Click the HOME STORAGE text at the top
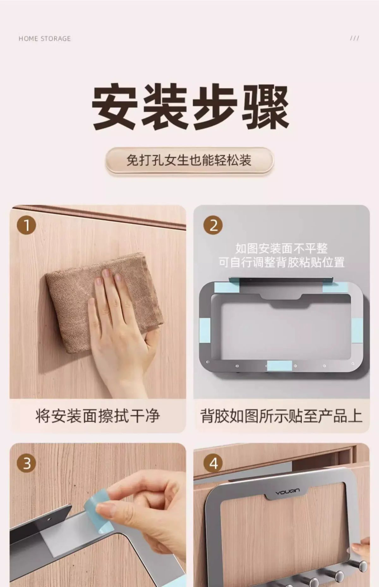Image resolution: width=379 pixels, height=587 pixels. click(x=45, y=39)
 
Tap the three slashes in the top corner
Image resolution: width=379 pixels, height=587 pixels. click(x=354, y=38)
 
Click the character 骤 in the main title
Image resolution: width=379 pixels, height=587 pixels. click(x=265, y=107)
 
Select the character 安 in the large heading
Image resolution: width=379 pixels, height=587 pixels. click(x=115, y=107)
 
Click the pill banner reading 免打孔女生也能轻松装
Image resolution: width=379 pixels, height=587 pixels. click(x=189, y=160)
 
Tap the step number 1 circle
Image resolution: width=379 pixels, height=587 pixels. click(x=27, y=225)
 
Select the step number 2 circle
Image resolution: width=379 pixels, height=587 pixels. click(x=214, y=225)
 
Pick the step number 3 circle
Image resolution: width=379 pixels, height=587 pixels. click(x=27, y=463)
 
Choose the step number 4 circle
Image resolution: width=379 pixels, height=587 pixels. click(x=214, y=463)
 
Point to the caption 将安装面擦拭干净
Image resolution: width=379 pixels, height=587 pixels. click(x=98, y=416)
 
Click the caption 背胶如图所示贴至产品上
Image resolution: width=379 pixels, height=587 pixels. click(x=281, y=416)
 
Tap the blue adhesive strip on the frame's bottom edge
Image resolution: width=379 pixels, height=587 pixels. click(x=279, y=366)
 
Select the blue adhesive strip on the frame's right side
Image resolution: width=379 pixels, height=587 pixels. click(x=357, y=330)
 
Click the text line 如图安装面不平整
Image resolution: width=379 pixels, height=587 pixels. click(x=281, y=248)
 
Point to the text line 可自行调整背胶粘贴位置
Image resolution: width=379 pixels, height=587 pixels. click(x=281, y=262)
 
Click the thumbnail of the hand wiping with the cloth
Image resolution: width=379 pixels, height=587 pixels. click(x=98, y=302)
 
